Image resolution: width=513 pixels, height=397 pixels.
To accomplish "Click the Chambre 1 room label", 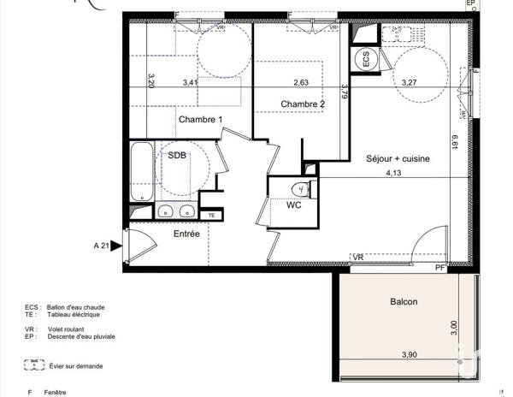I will tap(200, 119).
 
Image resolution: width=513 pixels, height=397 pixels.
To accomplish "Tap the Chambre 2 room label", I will tap(303, 104).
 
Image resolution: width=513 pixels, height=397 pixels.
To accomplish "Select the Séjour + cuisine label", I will tap(398, 158).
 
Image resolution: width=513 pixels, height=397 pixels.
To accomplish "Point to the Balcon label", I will tap(404, 301).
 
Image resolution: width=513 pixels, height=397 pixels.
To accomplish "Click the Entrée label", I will tap(186, 234).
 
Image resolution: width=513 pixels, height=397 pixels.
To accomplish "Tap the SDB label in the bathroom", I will tap(177, 156).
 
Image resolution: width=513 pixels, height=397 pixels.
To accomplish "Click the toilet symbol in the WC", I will tap(302, 188).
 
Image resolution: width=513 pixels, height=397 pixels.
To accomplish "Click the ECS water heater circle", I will tap(366, 59).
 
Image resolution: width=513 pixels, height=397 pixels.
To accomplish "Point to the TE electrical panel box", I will tap(211, 215).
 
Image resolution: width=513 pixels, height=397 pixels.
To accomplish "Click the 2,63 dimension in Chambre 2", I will tap(301, 83).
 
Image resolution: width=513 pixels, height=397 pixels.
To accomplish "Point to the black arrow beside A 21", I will tap(116, 246).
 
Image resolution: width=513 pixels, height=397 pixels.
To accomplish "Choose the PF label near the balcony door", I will tap(440, 269).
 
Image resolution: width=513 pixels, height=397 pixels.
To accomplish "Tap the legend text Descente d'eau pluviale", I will tap(81, 336).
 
